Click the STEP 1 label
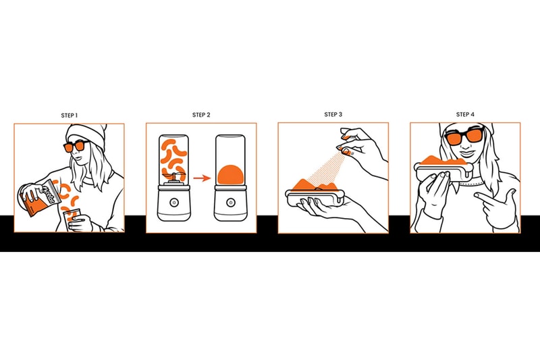click(70, 115)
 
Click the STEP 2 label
click(201, 115)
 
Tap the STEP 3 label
click(333, 114)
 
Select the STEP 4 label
click(465, 114)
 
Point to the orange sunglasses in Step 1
click(76, 147)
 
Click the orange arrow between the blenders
click(202, 178)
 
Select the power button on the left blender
click(173, 203)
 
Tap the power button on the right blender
click(230, 203)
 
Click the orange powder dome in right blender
click(230, 175)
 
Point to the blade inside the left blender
click(173, 176)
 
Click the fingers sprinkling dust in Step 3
click(348, 144)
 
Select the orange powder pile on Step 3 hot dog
click(313, 185)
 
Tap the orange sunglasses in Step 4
click(464, 136)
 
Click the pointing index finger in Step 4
click(485, 198)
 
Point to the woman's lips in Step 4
click(466, 153)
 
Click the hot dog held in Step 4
click(443, 167)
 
